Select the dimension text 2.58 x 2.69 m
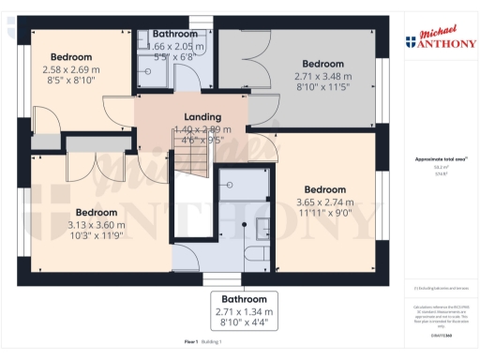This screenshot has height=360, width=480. (71, 69)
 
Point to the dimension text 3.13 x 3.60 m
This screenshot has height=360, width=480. (97, 225)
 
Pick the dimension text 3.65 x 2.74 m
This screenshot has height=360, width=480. (325, 202)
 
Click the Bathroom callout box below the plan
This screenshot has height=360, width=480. (243, 310)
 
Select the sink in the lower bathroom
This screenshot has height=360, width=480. (262, 226)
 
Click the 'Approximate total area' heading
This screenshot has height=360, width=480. (440, 159)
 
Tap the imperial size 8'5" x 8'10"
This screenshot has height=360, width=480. (71, 81)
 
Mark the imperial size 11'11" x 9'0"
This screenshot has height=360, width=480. (325, 213)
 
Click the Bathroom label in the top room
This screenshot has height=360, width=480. (175, 34)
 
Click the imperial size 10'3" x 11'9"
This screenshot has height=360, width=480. (97, 236)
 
